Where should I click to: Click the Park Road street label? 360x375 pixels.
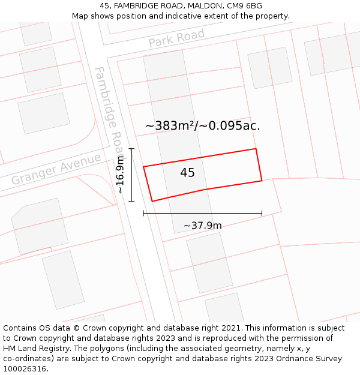(x=176, y=38)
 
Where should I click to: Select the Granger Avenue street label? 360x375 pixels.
(x=56, y=170)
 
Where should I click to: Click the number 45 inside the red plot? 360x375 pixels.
(x=187, y=173)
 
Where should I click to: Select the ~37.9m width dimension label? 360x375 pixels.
(x=202, y=226)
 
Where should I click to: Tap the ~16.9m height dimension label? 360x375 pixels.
(x=121, y=175)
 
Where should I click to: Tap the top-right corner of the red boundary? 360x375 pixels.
(x=256, y=149)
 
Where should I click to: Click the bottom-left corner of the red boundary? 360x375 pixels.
(x=152, y=201)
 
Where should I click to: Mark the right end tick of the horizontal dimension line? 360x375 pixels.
(x=262, y=213)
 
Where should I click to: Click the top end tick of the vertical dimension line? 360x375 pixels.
(x=131, y=148)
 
